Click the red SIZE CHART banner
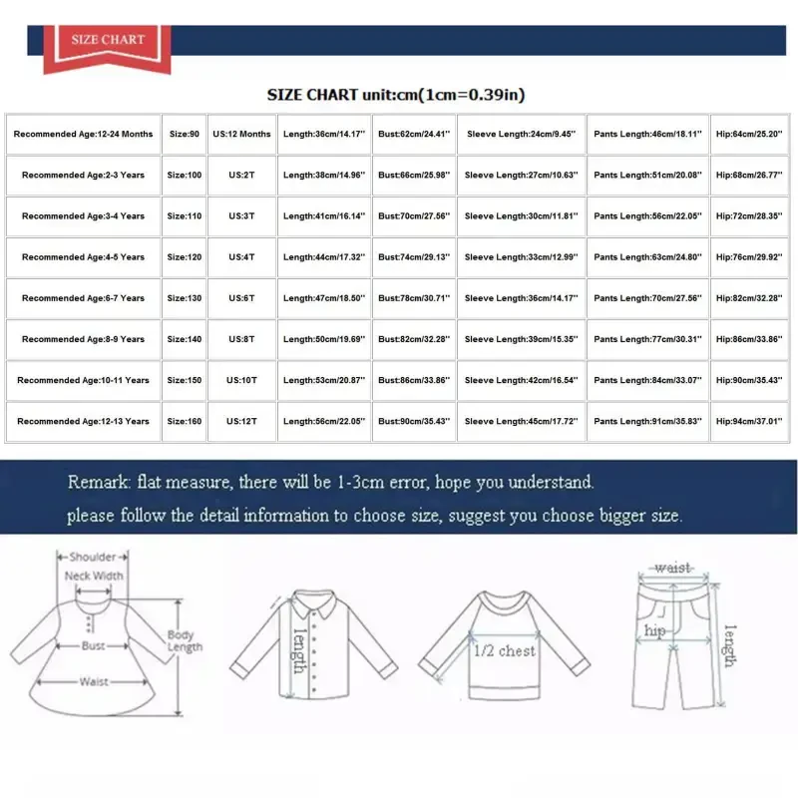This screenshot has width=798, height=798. [108, 41]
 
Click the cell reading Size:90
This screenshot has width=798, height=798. [184, 134]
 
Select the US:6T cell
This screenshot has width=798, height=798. [241, 298]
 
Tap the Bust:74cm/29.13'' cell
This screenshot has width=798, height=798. [414, 257]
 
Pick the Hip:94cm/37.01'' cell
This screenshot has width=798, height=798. [749, 421]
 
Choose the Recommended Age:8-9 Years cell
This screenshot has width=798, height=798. [83, 339]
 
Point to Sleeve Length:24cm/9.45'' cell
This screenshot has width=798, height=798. [521, 134]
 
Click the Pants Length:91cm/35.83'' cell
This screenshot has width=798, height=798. [648, 421]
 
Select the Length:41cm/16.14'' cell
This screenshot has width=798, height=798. [323, 216]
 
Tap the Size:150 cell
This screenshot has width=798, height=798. [184, 380]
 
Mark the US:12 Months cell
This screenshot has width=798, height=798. [241, 134]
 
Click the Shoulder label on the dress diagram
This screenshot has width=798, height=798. [93, 558]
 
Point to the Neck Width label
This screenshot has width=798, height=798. [94, 577]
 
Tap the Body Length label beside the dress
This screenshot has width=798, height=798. [183, 641]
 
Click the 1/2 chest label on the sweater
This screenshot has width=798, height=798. [504, 650]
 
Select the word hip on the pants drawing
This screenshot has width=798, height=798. [654, 631]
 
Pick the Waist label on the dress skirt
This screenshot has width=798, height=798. [94, 682]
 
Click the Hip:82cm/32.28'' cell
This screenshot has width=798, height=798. [749, 298]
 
